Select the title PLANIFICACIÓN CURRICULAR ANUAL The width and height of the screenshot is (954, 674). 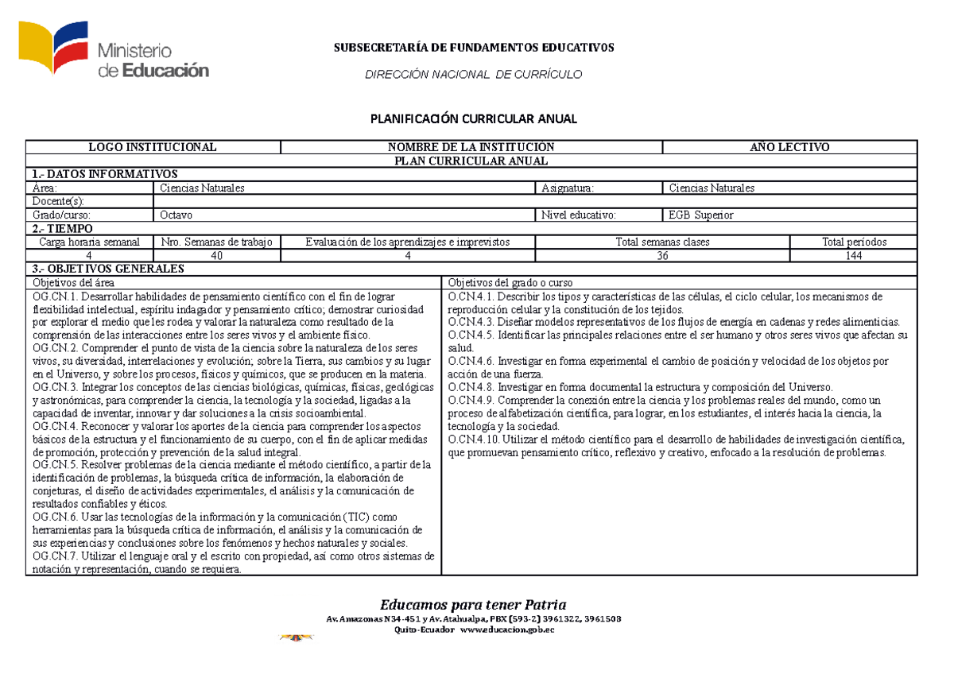coord(473,119)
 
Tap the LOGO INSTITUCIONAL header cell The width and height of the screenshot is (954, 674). coord(152,147)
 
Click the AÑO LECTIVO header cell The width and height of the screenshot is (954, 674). coord(789,147)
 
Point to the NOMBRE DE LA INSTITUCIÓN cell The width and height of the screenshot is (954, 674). coord(471,147)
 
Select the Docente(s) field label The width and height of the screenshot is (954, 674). coord(57,202)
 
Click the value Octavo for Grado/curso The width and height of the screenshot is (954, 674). coord(176,215)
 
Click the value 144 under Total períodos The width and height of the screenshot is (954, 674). coord(854,256)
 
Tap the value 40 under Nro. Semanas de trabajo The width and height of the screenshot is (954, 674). coord(216,256)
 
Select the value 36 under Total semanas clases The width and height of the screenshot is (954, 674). coord(662,256)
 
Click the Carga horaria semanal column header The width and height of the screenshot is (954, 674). coord(90,242)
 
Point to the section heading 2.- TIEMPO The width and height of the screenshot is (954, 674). coord(63,229)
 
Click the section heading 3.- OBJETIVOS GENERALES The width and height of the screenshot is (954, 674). coord(107,269)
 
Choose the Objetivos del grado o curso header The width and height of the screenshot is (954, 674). coord(510,283)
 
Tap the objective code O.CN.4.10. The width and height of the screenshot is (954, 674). coord(475,439)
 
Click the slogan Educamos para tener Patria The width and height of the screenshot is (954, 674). coord(473,604)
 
